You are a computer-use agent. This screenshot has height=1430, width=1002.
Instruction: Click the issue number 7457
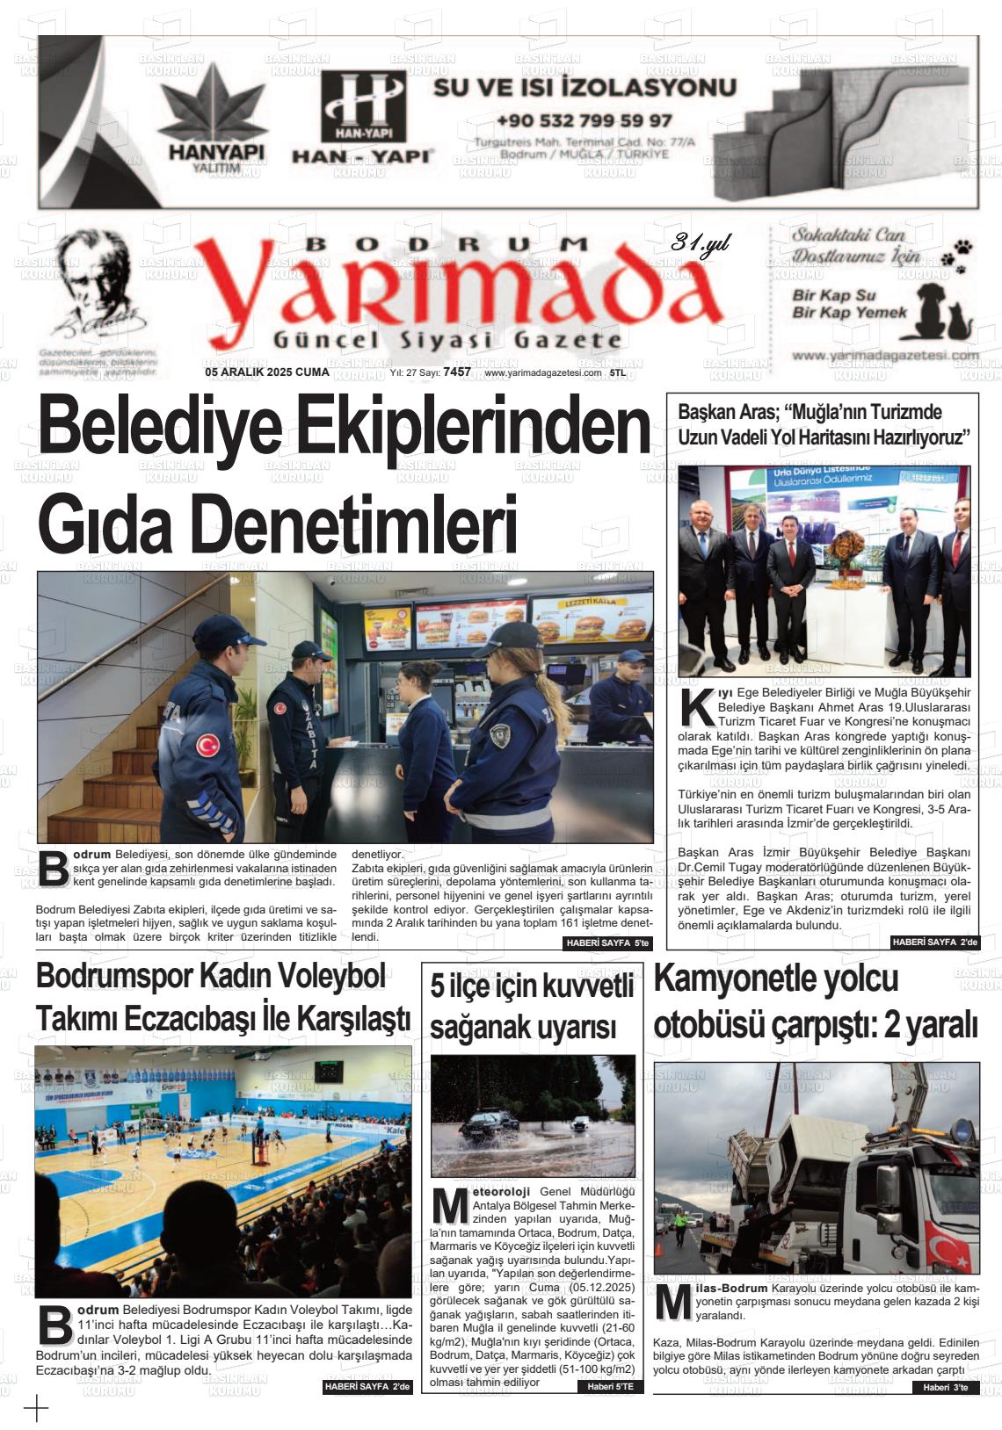pos(457,372)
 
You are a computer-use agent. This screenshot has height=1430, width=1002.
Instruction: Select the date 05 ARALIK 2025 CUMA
pos(266,372)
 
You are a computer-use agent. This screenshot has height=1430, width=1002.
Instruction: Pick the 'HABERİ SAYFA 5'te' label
pos(607,943)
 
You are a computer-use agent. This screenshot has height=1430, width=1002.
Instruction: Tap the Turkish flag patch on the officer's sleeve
pos(208,745)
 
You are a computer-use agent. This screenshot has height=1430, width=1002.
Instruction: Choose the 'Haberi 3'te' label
pos(945,1388)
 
